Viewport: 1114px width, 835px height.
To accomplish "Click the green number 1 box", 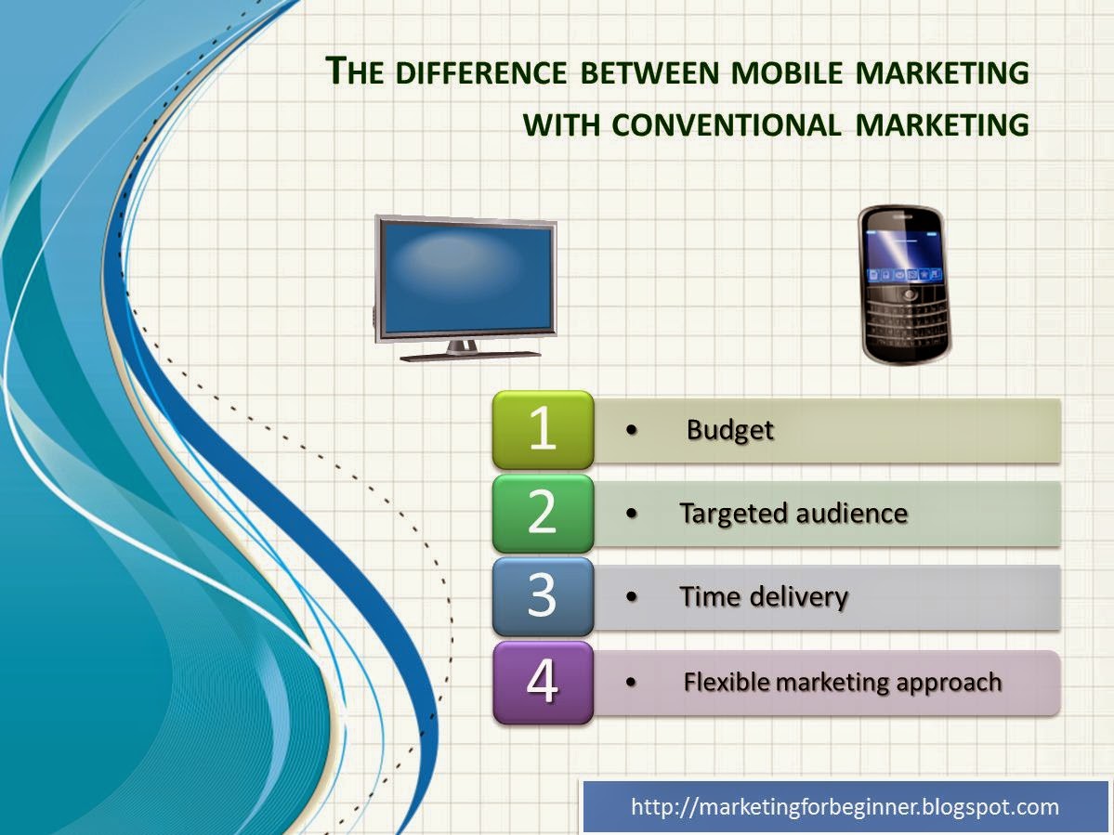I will click(543, 429).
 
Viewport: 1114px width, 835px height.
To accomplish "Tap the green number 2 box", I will click(543, 513).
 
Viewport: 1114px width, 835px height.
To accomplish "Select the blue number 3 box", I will click(543, 596).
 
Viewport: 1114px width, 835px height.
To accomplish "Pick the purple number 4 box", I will click(543, 682).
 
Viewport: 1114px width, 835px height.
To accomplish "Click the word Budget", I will click(729, 430).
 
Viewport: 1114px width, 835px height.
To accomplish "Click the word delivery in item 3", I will click(802, 597).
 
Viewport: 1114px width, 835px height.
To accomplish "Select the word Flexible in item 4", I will click(727, 683).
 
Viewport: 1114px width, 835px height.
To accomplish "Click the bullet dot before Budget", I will click(633, 430).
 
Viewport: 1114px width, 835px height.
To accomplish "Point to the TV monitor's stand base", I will click(470, 355).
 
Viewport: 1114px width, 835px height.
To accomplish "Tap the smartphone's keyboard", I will click(905, 320).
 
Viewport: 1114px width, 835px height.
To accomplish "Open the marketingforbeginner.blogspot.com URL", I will click(845, 806).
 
